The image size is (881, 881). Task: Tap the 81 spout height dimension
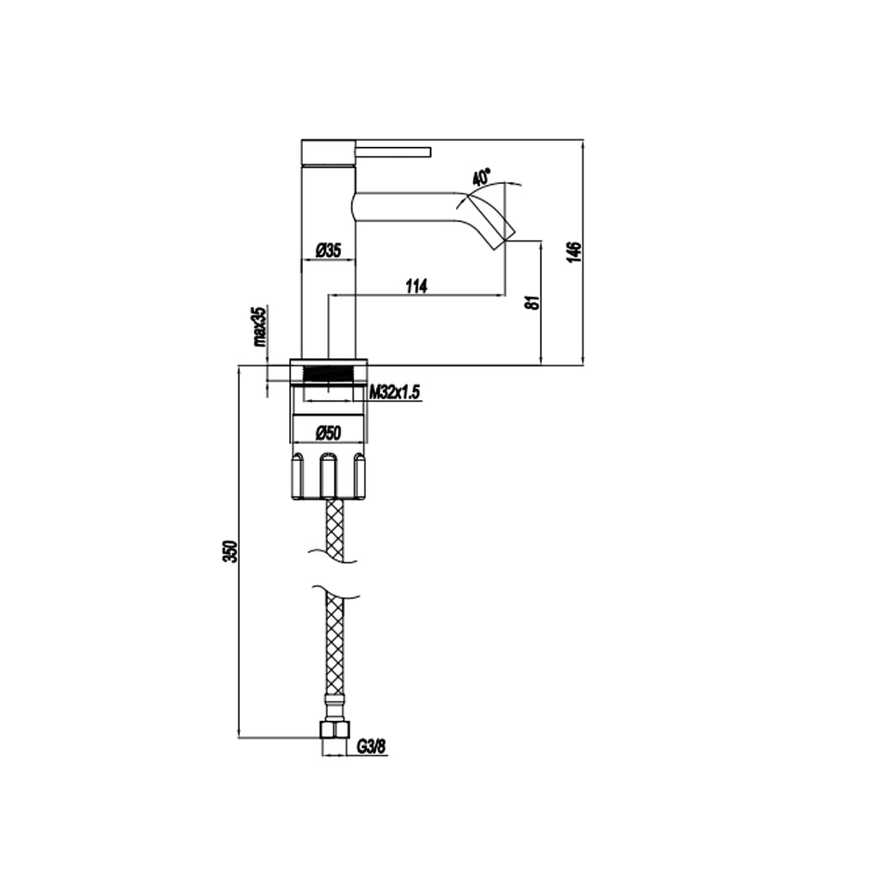533,302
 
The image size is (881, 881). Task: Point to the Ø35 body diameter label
329,250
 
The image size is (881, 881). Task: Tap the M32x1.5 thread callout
394,392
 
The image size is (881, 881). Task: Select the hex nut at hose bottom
333,730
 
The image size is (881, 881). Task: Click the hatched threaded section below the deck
329,374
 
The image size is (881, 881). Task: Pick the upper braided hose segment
334,530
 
